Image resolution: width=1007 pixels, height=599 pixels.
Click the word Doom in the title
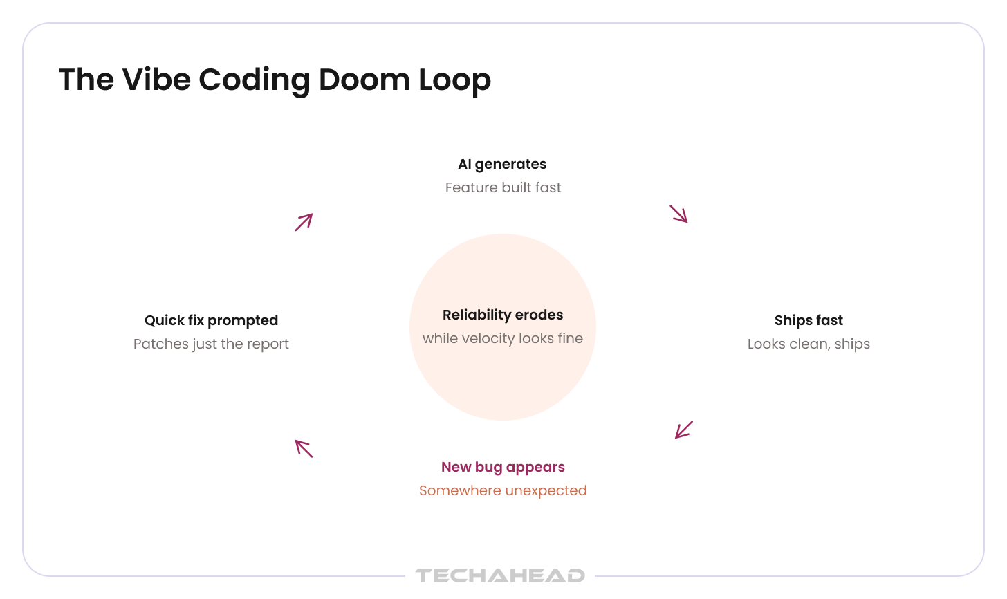click(x=364, y=80)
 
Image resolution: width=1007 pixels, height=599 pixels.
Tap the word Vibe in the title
click(x=156, y=80)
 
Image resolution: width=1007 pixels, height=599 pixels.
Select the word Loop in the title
click(x=454, y=81)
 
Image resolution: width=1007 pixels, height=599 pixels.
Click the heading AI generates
click(x=502, y=165)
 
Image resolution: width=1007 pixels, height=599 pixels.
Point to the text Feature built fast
click(x=503, y=187)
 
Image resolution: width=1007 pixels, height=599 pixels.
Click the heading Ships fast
click(x=809, y=320)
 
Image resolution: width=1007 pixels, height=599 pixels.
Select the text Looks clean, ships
click(x=809, y=344)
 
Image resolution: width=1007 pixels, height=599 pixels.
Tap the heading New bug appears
click(x=503, y=468)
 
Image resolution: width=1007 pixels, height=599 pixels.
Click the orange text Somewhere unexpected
click(x=503, y=490)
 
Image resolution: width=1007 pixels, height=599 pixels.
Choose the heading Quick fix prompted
click(x=212, y=321)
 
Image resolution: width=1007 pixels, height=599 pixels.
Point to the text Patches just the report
click(x=211, y=344)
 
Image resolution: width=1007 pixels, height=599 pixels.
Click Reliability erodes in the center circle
click(x=503, y=315)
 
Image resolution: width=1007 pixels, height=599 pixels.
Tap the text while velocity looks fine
click(x=503, y=338)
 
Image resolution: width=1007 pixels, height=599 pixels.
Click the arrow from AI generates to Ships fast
click(x=679, y=214)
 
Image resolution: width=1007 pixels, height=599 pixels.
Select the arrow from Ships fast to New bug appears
click(x=684, y=430)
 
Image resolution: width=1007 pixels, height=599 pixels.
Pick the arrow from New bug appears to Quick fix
click(x=304, y=449)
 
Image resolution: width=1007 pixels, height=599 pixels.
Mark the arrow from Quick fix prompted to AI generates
click(x=304, y=222)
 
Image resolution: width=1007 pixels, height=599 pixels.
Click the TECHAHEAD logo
click(x=500, y=575)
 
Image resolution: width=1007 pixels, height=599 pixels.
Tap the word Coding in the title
click(x=255, y=81)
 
